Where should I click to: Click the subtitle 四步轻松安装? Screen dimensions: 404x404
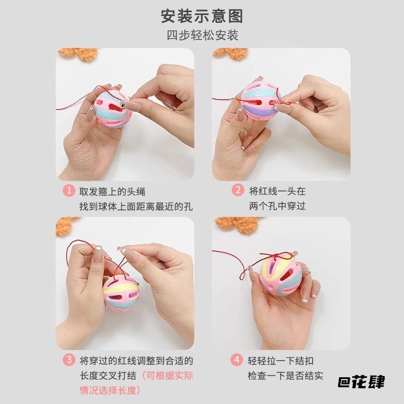(202, 36)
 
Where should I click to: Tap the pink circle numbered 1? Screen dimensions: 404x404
(69, 191)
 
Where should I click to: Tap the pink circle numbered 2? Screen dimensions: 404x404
(237, 191)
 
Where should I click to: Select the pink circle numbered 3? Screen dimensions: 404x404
(69, 361)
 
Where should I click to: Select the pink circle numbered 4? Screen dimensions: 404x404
(237, 361)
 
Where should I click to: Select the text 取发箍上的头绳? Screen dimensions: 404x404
(113, 191)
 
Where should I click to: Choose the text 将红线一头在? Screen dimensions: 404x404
(277, 191)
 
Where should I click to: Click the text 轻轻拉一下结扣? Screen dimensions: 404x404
(281, 361)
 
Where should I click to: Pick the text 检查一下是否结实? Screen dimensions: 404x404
(285, 375)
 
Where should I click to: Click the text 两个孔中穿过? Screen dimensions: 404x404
(277, 206)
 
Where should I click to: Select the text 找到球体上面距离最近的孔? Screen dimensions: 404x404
(136, 206)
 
